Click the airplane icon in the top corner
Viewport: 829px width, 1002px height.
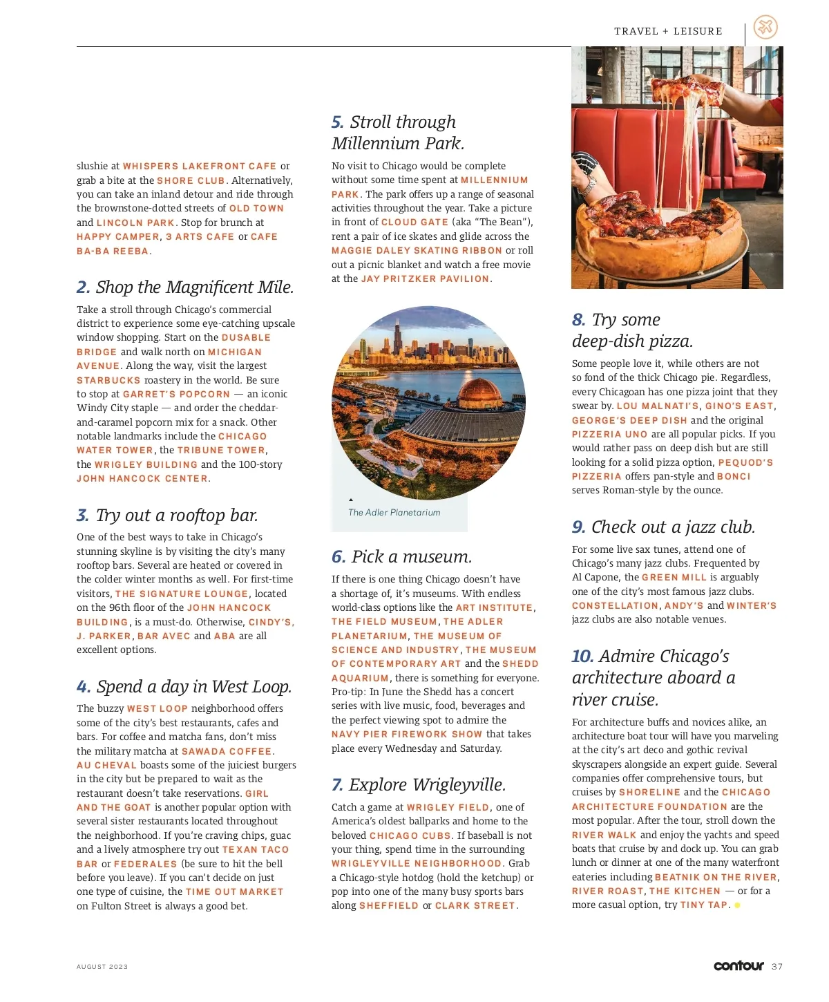765,28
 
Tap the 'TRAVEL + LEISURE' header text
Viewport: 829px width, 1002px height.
668,31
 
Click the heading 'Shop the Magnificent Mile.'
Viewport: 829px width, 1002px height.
194,287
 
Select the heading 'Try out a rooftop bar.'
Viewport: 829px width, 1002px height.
177,516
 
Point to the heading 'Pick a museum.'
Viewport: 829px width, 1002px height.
411,557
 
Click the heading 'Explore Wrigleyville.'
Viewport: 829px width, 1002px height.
427,785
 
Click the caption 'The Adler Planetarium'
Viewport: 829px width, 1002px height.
394,513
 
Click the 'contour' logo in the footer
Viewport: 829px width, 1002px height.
739,965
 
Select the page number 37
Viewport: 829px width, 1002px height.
777,967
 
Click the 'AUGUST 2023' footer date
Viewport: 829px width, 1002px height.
102,967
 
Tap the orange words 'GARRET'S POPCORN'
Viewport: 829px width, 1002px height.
176,395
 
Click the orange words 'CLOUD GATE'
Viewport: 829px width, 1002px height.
414,223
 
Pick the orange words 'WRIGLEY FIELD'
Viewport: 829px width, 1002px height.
448,808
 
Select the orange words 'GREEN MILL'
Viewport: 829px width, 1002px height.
674,578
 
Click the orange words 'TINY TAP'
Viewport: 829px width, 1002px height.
703,905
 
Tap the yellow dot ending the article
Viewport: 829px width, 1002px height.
737,905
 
